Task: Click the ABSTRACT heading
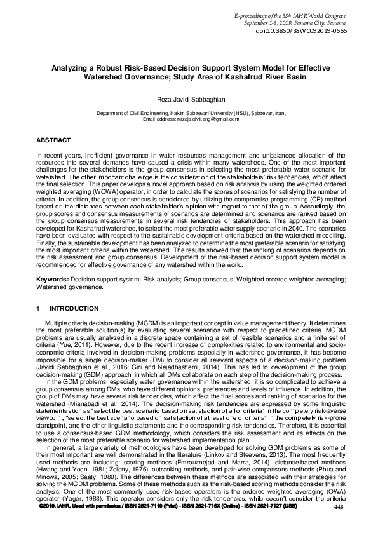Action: tap(53, 139)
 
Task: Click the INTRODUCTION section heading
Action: tap(74, 309)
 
